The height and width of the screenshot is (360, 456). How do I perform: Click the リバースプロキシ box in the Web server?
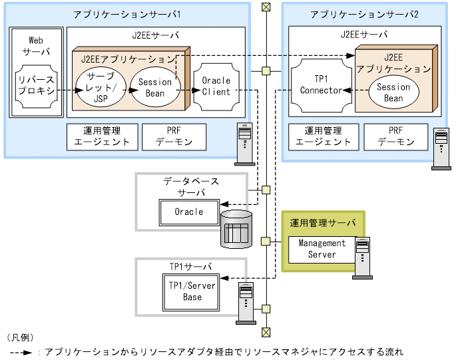[36, 87]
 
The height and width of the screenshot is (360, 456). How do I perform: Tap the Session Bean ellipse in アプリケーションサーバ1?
[155, 87]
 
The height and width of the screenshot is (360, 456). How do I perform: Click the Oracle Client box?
[216, 87]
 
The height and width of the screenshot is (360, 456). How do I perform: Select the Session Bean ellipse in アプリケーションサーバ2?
[393, 92]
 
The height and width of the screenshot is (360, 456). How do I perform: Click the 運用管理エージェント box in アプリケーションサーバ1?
[102, 136]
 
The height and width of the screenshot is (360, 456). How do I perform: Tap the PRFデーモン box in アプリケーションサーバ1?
[174, 136]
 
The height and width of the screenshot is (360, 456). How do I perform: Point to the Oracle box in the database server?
[188, 212]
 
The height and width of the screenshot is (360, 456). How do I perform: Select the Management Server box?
[322, 249]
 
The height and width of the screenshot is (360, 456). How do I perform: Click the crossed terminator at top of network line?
[266, 7]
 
